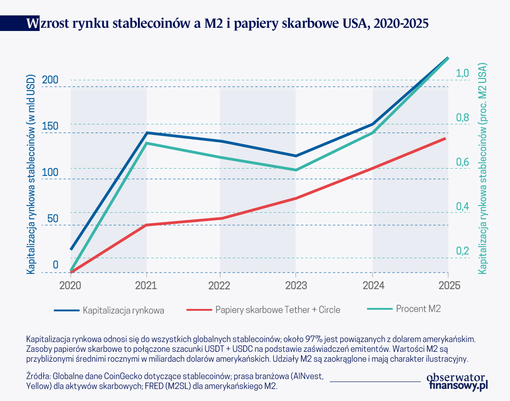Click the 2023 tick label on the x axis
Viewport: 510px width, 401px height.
[296, 285]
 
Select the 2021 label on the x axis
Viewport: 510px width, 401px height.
[146, 285]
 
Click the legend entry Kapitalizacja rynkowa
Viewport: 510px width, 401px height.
[123, 310]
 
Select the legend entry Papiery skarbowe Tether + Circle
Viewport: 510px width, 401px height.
[278, 310]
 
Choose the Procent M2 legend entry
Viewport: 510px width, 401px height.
[418, 308]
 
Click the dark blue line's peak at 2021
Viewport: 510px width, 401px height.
[146, 133]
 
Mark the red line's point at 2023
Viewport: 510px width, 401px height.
[296, 198]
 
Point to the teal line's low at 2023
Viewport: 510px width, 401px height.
[296, 170]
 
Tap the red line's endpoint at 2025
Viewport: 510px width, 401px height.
[445, 138]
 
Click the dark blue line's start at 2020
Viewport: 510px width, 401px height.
[71, 249]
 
